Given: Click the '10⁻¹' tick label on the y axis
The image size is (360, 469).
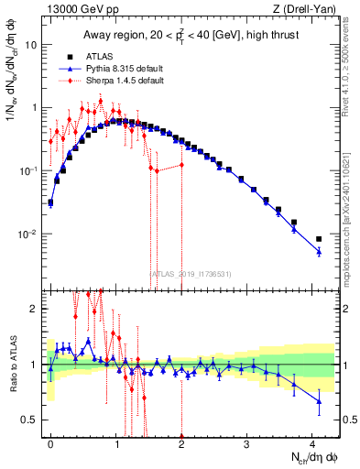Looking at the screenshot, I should tap(27, 171).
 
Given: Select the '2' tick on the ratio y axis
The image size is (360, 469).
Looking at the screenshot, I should tap(35, 309).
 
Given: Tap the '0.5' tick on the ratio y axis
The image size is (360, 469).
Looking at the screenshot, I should tap(30, 420).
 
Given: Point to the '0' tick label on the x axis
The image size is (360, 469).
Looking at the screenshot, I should tap(50, 442).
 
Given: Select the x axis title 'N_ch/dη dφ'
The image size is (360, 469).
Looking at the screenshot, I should tap(310, 456).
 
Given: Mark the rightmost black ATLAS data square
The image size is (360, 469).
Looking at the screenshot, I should tap(319, 239).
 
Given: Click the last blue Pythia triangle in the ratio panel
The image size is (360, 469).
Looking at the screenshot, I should tap(319, 400).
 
